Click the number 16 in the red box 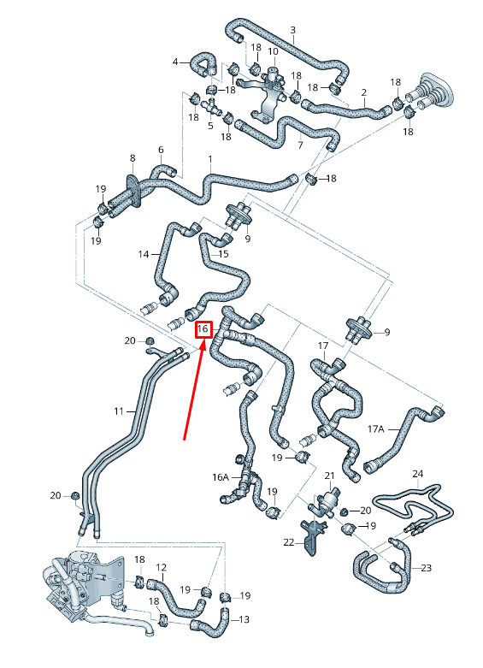tap(203, 329)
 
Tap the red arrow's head tap(203, 344)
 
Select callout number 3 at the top tap(293, 30)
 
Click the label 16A tap(221, 477)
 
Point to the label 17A tap(375, 429)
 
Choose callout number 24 tap(418, 474)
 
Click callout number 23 tap(426, 567)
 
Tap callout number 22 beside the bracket tap(289, 542)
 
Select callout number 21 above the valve tap(330, 476)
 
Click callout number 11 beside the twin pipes tap(119, 411)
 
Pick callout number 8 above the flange tap(133, 158)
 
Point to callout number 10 tap(273, 51)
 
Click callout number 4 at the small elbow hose tap(175, 62)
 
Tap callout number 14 tap(144, 254)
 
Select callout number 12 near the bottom tap(161, 567)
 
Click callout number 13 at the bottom tap(244, 619)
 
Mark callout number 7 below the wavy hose tap(300, 145)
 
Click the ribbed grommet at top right tap(430, 94)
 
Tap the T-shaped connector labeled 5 tap(211, 106)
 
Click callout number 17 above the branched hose tap(323, 346)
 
